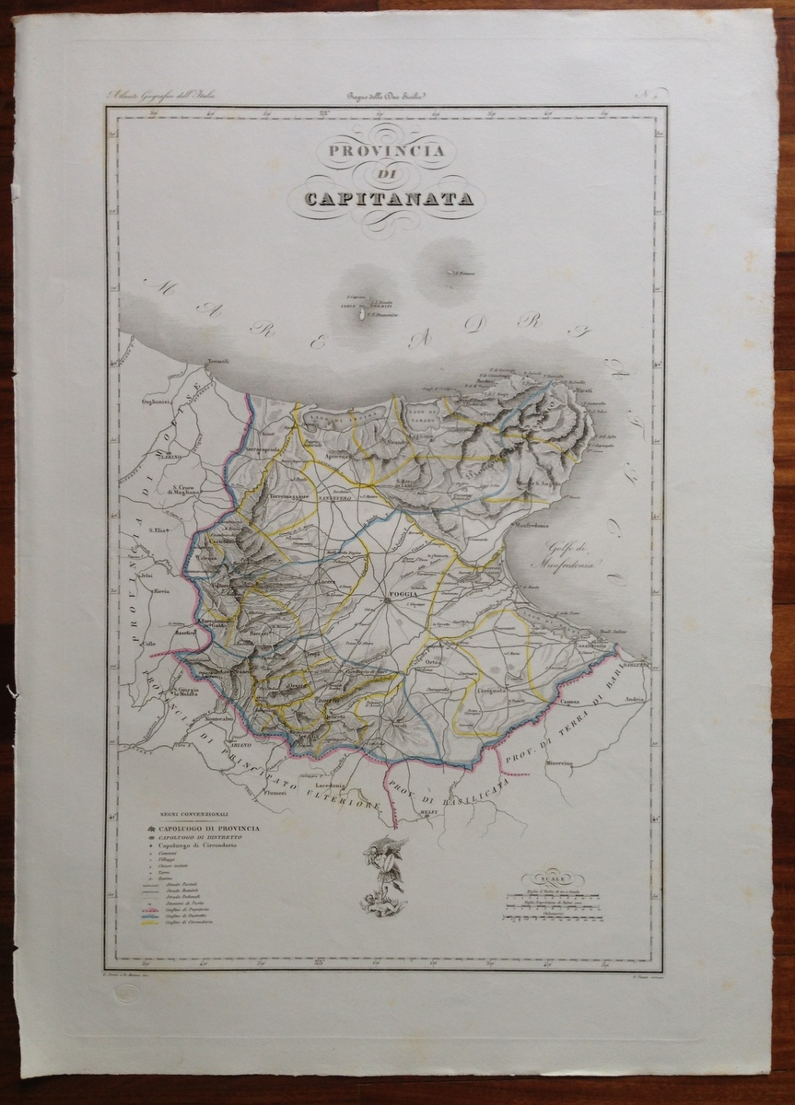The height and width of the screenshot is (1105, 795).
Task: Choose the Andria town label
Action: click(x=635, y=699)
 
